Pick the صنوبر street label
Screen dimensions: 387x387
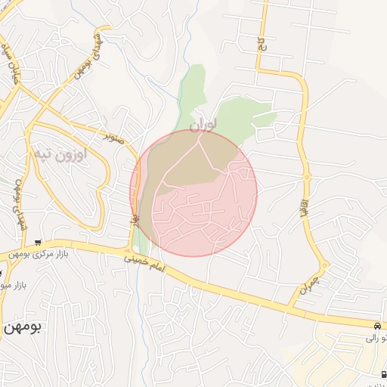tap(113, 138)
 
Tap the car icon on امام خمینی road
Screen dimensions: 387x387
tap(378, 326)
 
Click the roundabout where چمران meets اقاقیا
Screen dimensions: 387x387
tap(324, 265)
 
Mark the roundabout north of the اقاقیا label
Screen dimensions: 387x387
tap(306, 178)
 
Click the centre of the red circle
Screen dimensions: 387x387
tap(193, 193)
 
